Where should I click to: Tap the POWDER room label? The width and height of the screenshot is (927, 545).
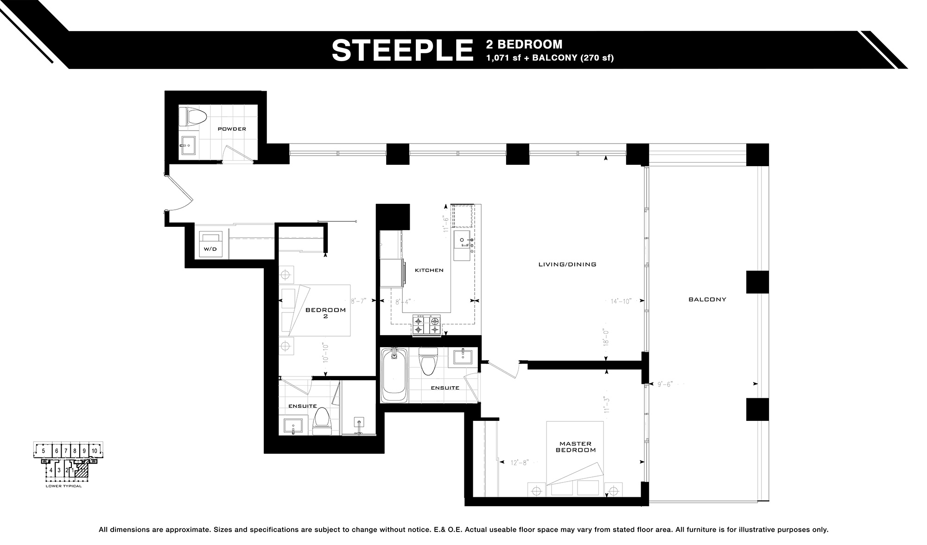232,129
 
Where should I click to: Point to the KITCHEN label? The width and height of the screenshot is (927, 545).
429,270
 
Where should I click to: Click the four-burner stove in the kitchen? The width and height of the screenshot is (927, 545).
427,325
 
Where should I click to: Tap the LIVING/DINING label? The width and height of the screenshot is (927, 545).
567,264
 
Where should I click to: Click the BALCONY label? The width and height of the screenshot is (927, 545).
707,300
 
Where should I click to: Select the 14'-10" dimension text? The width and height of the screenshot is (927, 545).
621,301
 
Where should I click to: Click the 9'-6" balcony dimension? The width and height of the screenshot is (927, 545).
665,384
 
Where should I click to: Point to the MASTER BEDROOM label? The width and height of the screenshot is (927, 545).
575,447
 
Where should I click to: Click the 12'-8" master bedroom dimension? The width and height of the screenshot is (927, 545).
519,462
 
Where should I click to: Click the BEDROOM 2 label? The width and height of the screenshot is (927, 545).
325,313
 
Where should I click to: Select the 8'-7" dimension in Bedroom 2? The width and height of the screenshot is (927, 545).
358,301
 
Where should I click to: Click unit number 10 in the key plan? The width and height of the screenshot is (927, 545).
94,451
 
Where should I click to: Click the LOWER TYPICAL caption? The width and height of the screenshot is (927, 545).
63,486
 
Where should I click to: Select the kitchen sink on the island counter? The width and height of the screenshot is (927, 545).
463,242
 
